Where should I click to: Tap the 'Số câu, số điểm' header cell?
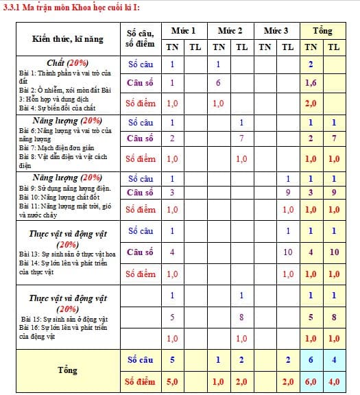point(141,39)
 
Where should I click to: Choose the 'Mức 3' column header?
point(276,31)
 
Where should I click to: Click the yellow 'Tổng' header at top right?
point(322,31)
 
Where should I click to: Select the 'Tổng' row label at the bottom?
point(67,370)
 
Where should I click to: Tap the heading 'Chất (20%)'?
point(67,62)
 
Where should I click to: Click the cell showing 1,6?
point(311,83)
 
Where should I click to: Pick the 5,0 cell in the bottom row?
point(172,381)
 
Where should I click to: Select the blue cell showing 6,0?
point(311,381)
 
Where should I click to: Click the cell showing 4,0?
point(334,381)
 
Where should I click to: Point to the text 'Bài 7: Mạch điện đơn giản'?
point(56,148)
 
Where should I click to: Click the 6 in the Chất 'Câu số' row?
point(218,83)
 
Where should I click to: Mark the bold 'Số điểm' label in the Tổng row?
point(141,381)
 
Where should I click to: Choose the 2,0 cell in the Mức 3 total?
point(288,381)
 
